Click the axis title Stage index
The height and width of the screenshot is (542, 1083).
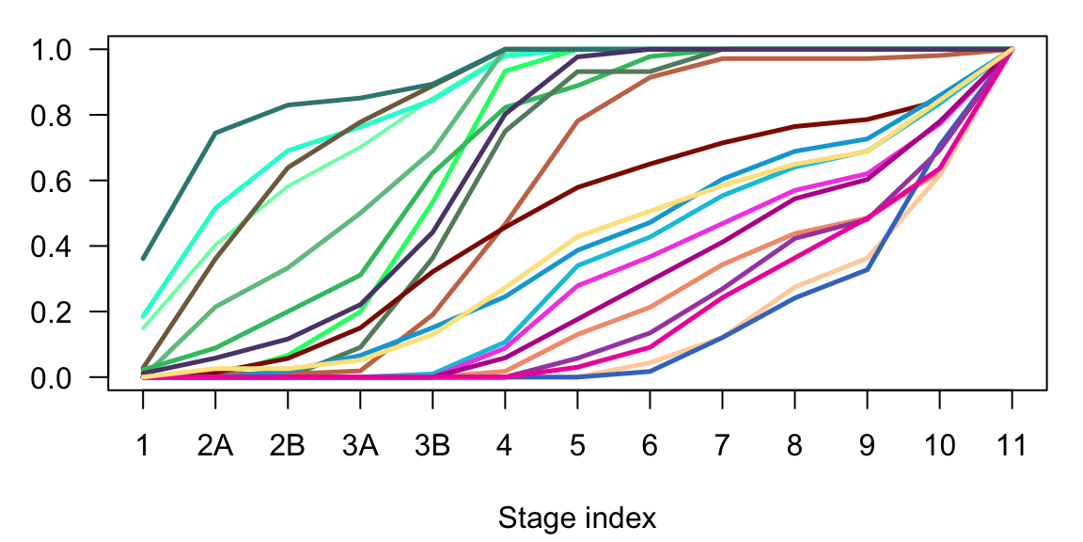click(577, 518)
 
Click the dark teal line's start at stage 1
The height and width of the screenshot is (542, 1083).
click(143, 258)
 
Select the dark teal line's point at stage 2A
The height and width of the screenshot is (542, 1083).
click(215, 133)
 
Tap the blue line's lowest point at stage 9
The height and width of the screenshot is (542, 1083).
click(867, 270)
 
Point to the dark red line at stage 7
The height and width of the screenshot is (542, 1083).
click(722, 143)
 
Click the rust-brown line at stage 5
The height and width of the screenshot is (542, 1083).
click(577, 120)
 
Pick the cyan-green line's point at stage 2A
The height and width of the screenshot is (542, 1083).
click(215, 208)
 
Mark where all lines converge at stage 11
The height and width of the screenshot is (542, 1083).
click(1012, 49)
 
